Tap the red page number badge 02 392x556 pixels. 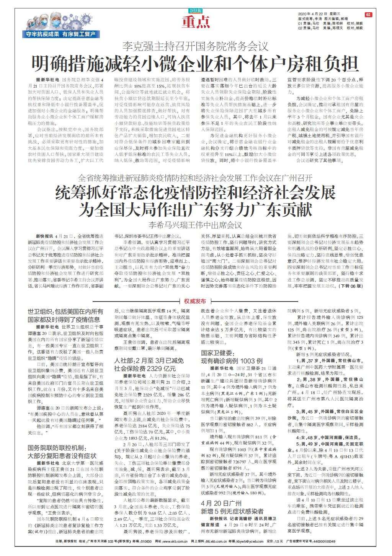(x=368, y=15)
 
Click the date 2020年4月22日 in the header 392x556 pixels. (x=310, y=14)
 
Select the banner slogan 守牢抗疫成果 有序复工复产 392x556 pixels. (x=61, y=34)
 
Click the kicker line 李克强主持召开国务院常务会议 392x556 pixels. (x=195, y=47)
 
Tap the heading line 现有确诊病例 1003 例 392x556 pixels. (x=232, y=360)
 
